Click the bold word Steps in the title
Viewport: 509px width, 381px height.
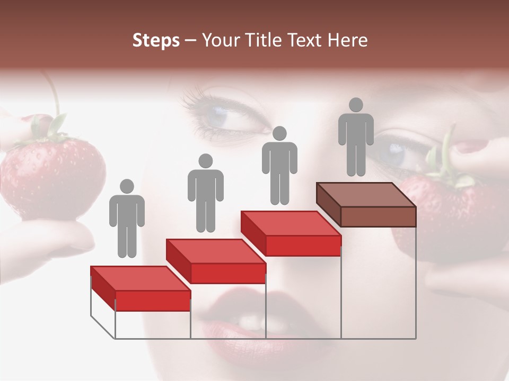[156, 41]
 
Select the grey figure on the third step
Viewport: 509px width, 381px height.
[279, 167]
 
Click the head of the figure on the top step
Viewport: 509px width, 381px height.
[356, 105]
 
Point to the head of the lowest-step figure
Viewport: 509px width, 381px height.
[127, 186]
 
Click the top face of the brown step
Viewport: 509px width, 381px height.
[366, 194]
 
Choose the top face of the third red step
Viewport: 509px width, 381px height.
[291, 223]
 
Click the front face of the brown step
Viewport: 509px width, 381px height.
[378, 216]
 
